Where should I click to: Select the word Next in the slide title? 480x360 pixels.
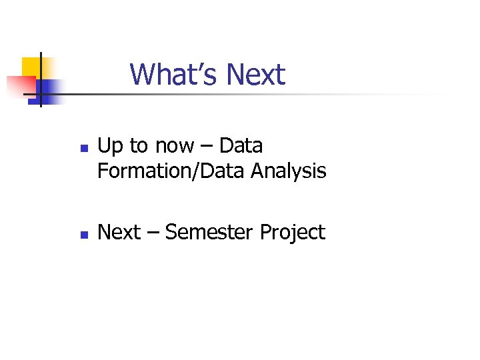click(x=255, y=74)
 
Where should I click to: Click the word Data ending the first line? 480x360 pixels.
click(x=241, y=145)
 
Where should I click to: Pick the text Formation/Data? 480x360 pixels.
click(x=172, y=171)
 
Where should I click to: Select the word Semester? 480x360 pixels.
click(x=209, y=232)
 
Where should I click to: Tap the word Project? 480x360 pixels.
click(x=293, y=233)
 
